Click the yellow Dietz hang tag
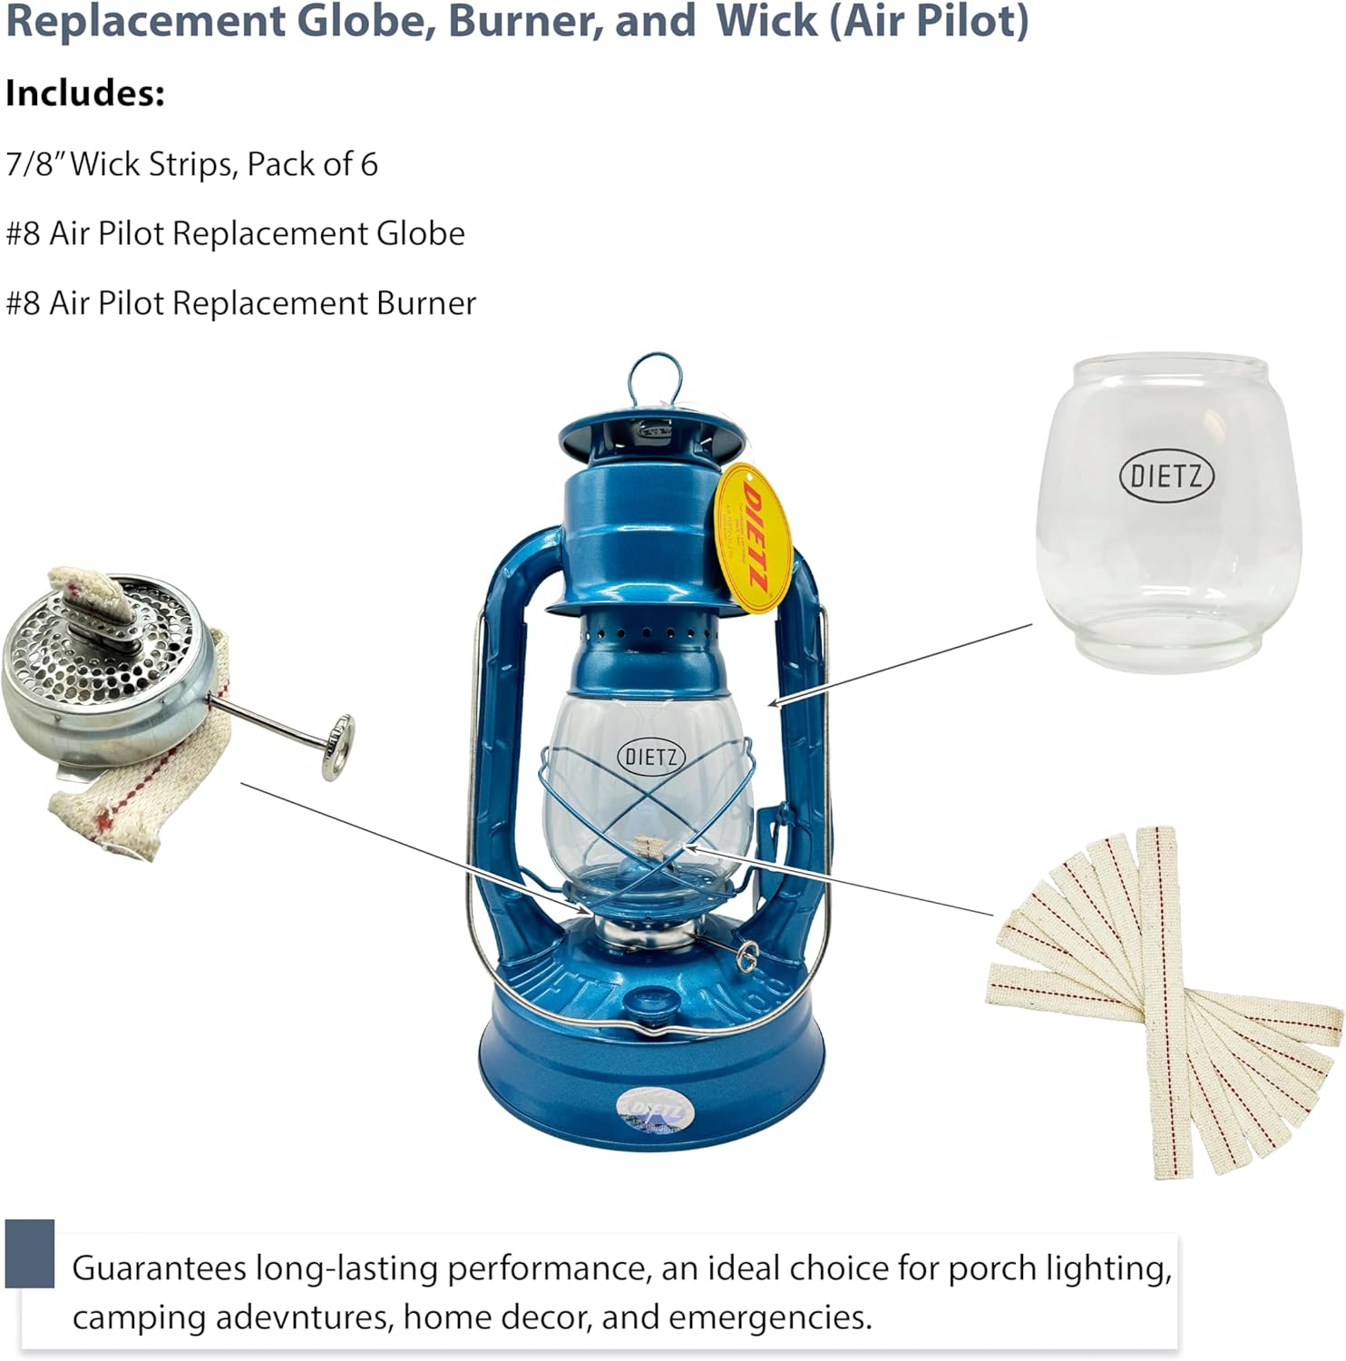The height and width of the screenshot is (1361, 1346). point(753,538)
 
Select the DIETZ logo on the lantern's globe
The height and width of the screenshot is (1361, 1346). point(650,756)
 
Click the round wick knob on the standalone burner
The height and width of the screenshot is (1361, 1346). point(338,746)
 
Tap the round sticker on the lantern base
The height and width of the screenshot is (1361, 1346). point(655,1111)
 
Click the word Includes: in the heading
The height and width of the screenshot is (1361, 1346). point(85,93)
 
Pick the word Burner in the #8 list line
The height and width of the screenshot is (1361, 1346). point(426,303)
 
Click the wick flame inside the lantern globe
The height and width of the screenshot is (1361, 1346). point(651,850)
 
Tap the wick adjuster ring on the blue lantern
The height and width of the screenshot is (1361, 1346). point(747,956)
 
